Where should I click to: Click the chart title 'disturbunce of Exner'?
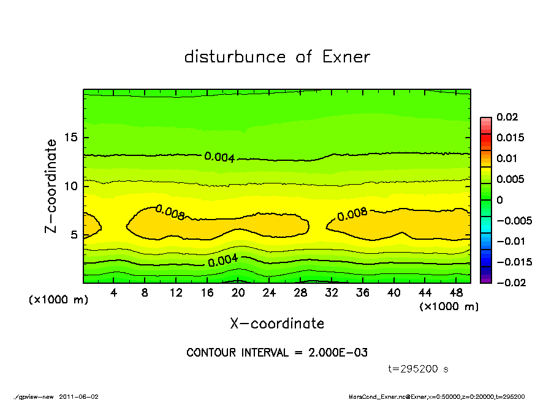click(x=277, y=57)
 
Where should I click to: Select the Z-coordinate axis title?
click(x=51, y=186)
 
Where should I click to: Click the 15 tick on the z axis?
click(x=70, y=138)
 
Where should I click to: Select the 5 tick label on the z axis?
click(x=74, y=235)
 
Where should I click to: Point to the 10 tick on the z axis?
click(x=70, y=186)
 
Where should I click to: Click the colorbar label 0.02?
click(x=506, y=117)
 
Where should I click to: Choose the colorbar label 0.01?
click(x=506, y=158)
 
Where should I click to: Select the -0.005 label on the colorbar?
click(x=513, y=220)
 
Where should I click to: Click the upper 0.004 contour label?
click(x=219, y=157)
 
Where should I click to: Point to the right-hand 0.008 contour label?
click(x=352, y=213)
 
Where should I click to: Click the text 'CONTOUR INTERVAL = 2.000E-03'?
click(x=277, y=353)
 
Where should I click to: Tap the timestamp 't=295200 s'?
click(x=419, y=369)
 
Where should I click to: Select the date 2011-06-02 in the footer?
click(x=78, y=396)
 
